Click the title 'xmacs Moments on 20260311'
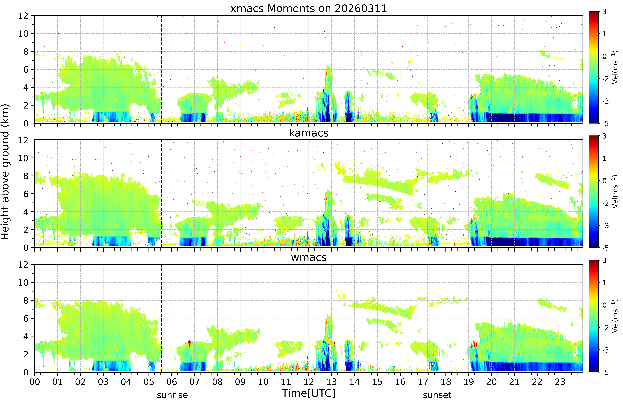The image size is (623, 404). click(x=309, y=9)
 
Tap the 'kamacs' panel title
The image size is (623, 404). click(x=309, y=133)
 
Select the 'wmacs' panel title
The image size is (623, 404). click(x=309, y=258)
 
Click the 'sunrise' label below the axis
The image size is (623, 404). click(x=172, y=395)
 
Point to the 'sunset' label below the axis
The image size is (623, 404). click(x=437, y=395)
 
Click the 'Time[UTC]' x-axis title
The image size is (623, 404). click(x=309, y=393)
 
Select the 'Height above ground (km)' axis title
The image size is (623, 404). click(x=5, y=172)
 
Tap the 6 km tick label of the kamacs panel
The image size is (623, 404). click(x=26, y=194)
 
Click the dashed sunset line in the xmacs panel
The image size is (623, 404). click(x=428, y=69)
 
